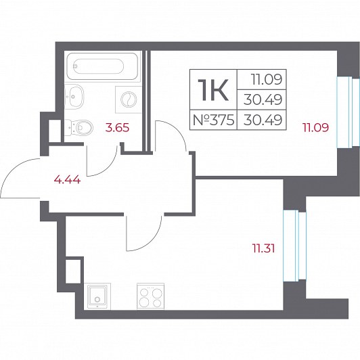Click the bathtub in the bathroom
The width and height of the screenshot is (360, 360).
pyautogui.click(x=102, y=66)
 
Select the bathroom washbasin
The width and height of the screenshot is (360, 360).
pyautogui.click(x=74, y=97)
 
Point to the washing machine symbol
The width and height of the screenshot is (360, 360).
pyautogui.click(x=128, y=99)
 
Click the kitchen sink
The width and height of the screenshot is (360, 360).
pyautogui.click(x=97, y=296)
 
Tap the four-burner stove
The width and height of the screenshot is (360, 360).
pyautogui.click(x=151, y=296)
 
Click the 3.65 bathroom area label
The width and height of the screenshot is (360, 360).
pyautogui.click(x=117, y=128)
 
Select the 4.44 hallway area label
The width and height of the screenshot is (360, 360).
pyautogui.click(x=67, y=179)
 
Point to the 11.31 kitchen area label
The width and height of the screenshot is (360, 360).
pyautogui.click(x=263, y=248)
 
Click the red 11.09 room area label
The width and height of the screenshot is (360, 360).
pyautogui.click(x=316, y=127)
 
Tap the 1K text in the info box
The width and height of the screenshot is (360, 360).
pyautogui.click(x=213, y=89)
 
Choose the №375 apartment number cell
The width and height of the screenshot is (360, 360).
pyautogui.click(x=214, y=120)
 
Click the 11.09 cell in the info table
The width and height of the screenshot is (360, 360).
pyautogui.click(x=267, y=80)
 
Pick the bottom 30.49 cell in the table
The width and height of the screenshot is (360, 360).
pyautogui.click(x=263, y=120)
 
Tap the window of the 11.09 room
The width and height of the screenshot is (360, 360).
pyautogui.click(x=348, y=112)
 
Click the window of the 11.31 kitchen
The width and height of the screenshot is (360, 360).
pyautogui.click(x=294, y=246)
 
